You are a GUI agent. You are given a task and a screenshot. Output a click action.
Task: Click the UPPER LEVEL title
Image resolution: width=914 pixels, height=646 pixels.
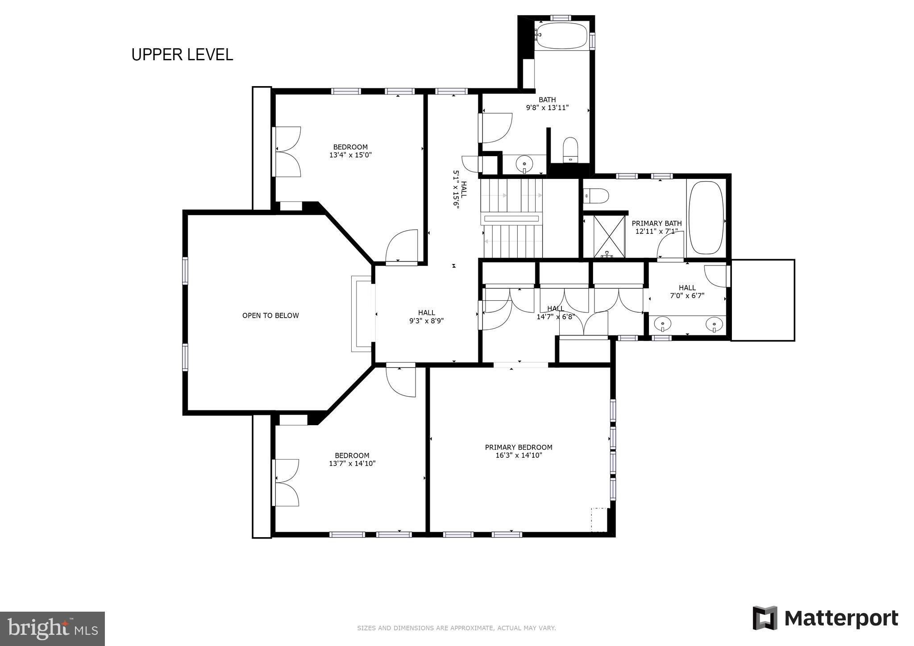tap(182, 54)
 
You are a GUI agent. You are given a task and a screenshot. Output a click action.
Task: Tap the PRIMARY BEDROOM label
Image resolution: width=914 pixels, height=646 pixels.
tap(519, 447)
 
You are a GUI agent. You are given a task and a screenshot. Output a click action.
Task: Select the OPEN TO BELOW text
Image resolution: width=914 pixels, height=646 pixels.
tap(270, 315)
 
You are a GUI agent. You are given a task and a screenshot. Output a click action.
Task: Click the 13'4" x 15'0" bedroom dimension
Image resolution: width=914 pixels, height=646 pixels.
tap(350, 155)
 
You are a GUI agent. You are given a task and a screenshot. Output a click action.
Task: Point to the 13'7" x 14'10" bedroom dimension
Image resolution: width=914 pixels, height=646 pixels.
tap(352, 464)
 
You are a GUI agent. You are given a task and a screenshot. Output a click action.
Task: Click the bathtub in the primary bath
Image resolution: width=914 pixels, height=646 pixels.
tap(706, 217)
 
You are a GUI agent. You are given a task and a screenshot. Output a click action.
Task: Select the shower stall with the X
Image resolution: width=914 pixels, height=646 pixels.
tap(609, 236)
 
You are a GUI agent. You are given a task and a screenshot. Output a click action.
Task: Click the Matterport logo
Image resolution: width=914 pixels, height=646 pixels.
tap(825, 618)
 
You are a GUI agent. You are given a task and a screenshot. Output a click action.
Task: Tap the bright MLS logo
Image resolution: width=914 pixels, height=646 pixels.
tap(52, 628)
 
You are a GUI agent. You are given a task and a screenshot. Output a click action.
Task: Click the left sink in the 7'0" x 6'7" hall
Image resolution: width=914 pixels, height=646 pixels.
tap(664, 323)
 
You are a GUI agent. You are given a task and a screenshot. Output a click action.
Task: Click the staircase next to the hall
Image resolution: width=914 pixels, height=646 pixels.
tap(512, 219)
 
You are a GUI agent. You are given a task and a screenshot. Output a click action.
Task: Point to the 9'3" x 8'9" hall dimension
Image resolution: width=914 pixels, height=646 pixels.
tap(426, 320)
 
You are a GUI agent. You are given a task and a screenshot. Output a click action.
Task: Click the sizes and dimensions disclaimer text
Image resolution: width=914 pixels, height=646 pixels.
tap(456, 628)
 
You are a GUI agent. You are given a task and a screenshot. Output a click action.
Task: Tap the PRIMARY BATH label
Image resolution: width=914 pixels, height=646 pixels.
tap(656, 224)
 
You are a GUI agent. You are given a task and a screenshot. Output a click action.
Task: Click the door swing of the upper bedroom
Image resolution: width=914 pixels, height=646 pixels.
tap(402, 247)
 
